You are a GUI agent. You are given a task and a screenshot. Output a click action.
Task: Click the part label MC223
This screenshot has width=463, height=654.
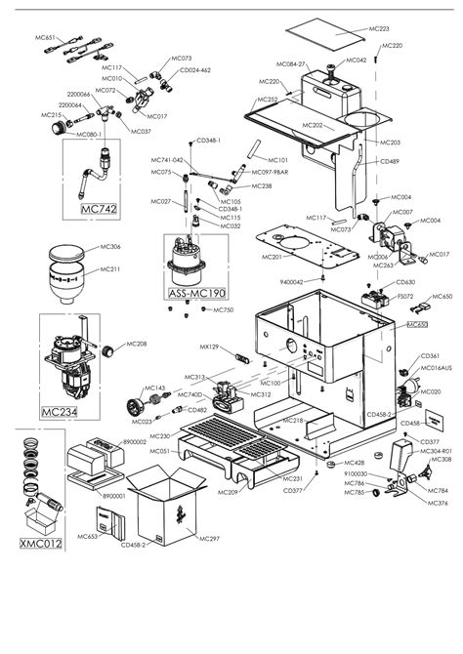click(x=381, y=30)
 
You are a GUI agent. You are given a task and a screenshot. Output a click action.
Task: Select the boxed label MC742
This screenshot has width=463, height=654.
click(x=99, y=208)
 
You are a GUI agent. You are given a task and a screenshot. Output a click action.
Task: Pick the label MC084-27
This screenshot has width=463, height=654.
click(x=295, y=64)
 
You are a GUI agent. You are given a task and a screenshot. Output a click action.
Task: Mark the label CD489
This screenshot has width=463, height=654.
click(x=389, y=161)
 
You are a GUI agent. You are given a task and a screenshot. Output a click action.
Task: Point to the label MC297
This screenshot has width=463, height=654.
click(x=209, y=538)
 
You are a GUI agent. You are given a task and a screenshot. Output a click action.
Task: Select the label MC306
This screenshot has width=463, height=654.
click(x=110, y=247)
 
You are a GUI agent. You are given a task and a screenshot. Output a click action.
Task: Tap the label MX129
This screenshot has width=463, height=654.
click(x=208, y=347)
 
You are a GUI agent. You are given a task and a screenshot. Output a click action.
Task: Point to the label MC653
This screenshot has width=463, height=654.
click(x=88, y=536)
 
